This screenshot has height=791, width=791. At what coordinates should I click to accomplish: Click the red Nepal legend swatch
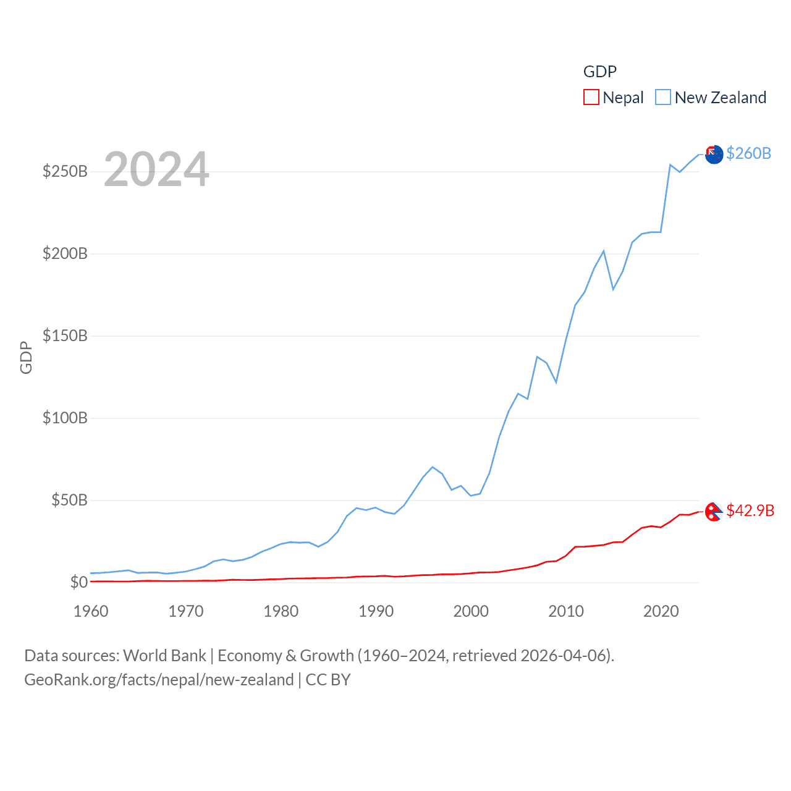click(x=591, y=98)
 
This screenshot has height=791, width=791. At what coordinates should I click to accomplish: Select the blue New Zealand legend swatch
click(x=663, y=98)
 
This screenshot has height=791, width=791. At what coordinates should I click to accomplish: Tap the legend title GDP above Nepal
click(x=599, y=72)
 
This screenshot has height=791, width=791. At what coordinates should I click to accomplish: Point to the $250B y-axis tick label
click(x=65, y=171)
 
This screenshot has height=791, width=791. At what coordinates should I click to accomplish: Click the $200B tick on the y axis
click(x=65, y=253)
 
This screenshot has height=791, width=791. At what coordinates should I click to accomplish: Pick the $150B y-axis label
click(x=65, y=336)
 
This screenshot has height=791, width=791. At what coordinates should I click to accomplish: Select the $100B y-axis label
click(x=65, y=418)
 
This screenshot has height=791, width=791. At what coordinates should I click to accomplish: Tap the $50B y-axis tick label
click(x=69, y=500)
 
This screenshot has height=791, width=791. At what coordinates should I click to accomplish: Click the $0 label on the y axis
click(x=78, y=582)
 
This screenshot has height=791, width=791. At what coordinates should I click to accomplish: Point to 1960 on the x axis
click(x=91, y=611)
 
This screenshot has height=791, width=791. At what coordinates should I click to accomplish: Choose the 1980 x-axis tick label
click(x=281, y=611)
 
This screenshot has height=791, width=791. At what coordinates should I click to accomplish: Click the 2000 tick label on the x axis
click(x=471, y=611)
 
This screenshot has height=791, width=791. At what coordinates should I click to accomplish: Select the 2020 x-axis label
click(x=661, y=611)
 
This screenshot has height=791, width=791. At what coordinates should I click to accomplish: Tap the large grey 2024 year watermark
click(x=156, y=169)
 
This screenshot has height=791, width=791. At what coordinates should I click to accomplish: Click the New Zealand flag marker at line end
click(x=714, y=154)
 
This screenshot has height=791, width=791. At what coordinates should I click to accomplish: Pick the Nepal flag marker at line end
click(x=714, y=512)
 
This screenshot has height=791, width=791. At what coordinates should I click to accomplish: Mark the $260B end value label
click(x=748, y=153)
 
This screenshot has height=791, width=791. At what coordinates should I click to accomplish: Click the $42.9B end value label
click(x=750, y=510)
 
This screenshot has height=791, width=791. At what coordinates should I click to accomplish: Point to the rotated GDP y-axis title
click(x=26, y=357)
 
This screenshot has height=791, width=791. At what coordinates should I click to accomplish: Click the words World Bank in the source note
click(x=164, y=655)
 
